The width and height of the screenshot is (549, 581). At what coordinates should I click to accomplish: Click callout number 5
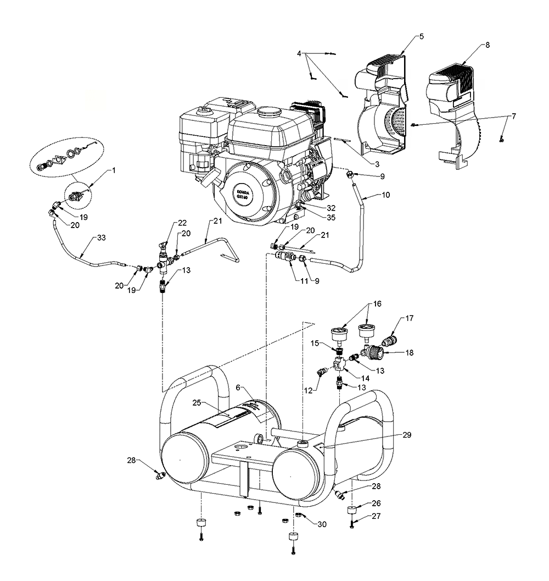coord(421,36)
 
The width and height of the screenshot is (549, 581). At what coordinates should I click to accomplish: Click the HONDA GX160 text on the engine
coord(245,196)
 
